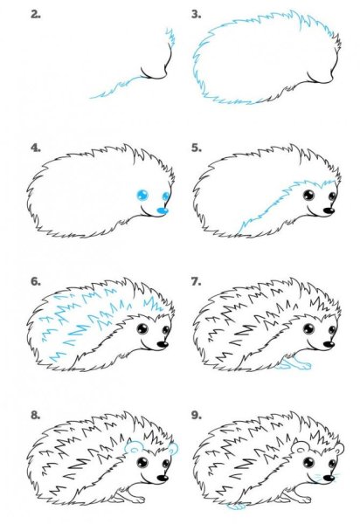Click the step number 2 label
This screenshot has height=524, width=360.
pyautogui.click(x=36, y=14)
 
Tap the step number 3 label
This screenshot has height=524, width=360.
pyautogui.click(x=197, y=14)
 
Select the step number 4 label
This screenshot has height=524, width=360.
pyautogui.click(x=36, y=148)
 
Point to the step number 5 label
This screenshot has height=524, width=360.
pyautogui.click(x=197, y=148)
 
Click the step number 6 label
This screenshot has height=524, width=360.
pyautogui.click(x=36, y=281)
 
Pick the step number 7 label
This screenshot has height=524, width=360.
pyautogui.click(x=197, y=281)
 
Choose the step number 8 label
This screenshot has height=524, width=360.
pyautogui.click(x=36, y=415)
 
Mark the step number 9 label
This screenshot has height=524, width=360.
pyautogui.click(x=197, y=415)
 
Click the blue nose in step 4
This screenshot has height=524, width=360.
pyautogui.click(x=163, y=210)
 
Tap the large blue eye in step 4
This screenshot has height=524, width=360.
pyautogui.click(x=142, y=195)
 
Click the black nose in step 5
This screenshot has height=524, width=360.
pyautogui.click(x=329, y=210)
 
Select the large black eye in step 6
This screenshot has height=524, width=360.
pyautogui.click(x=142, y=329)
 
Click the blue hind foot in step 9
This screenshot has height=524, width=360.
pyautogui.click(x=236, y=507)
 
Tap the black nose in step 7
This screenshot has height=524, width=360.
pyautogui.click(x=329, y=344)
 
